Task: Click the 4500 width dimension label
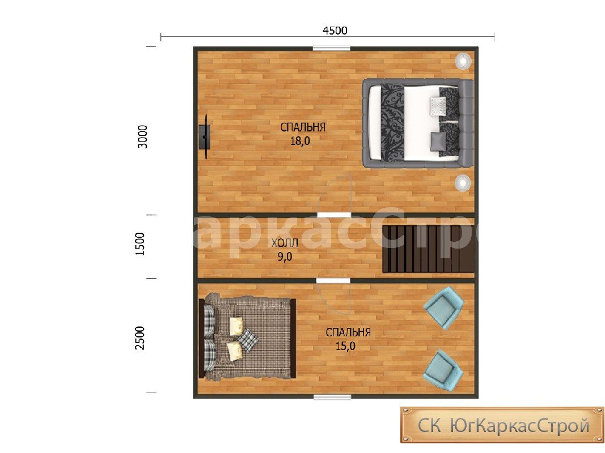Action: [x=335, y=31]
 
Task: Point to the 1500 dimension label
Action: [x=139, y=243]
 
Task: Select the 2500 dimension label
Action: [x=139, y=338]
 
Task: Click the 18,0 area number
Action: [x=300, y=141]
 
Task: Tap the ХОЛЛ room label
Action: [x=285, y=243]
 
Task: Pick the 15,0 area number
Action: [x=345, y=346]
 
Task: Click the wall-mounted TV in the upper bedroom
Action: [x=204, y=136]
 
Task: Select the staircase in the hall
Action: [x=428, y=249]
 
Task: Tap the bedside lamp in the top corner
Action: [x=463, y=61]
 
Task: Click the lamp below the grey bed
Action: [x=462, y=182]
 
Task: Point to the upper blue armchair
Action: [x=444, y=307]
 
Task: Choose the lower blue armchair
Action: [x=443, y=370]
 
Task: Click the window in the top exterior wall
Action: [x=332, y=49]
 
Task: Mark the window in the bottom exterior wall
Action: [x=332, y=397]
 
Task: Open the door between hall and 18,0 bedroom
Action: [x=334, y=214]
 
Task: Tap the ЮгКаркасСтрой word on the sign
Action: [x=519, y=426]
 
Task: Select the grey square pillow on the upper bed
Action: [x=438, y=139]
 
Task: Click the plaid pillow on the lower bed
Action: [x=248, y=340]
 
